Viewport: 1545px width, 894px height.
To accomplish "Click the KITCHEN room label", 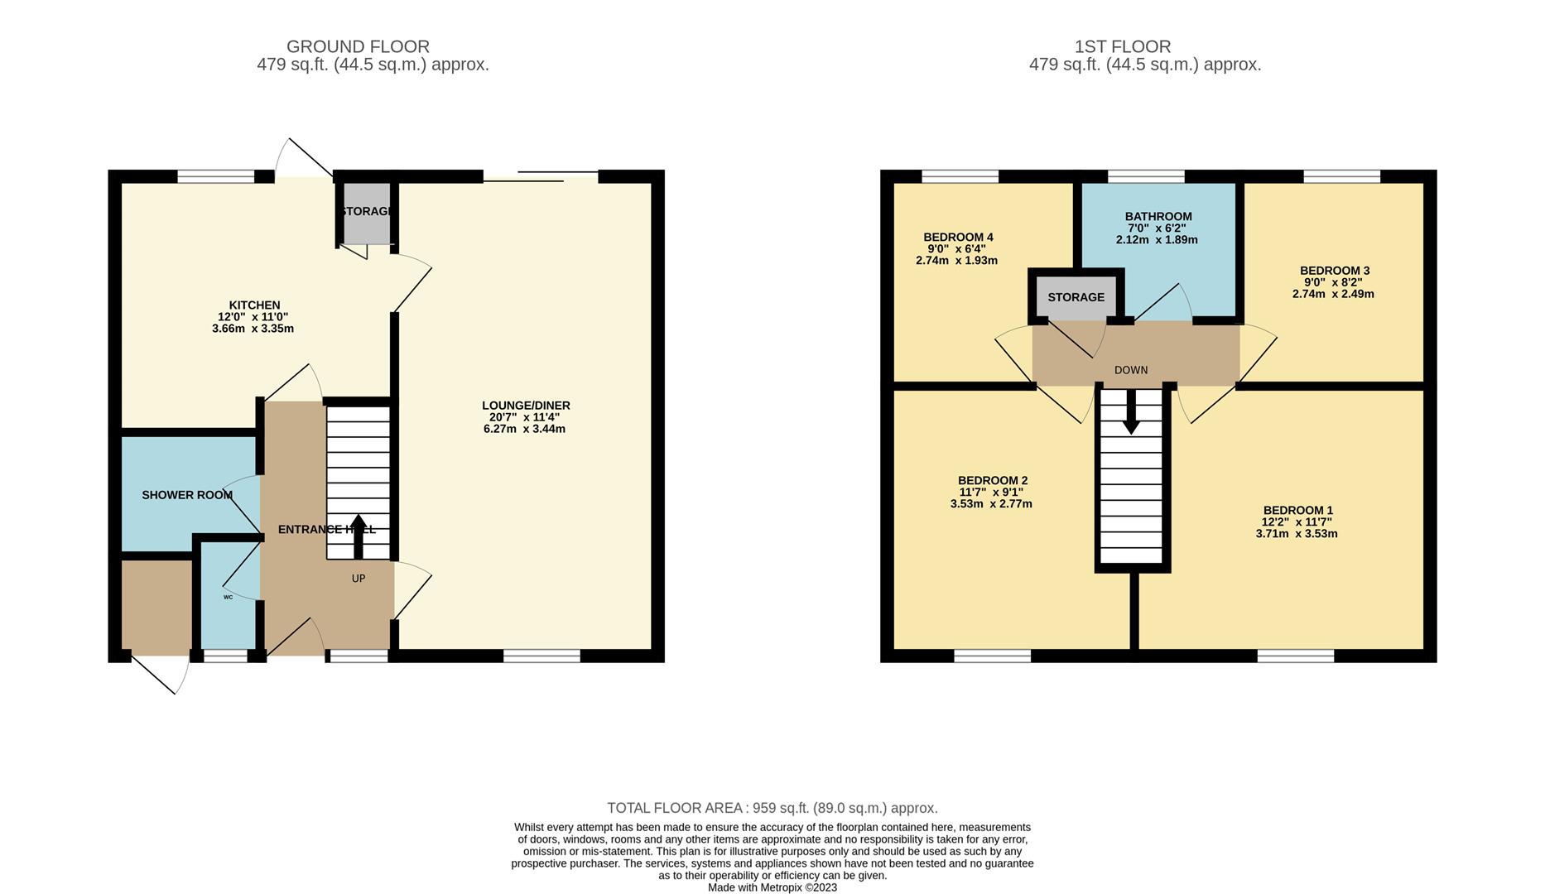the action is (x=254, y=305).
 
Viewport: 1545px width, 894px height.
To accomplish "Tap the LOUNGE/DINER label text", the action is (x=526, y=406).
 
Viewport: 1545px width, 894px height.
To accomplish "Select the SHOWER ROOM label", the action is (x=187, y=495).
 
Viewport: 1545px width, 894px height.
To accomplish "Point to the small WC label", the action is (x=228, y=597).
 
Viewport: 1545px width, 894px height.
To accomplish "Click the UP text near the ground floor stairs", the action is (x=359, y=579).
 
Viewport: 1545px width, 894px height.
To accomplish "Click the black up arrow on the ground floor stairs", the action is (x=359, y=536).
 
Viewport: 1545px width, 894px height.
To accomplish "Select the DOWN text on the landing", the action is (x=1131, y=370).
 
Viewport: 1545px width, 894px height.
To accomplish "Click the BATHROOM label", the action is (x=1158, y=217).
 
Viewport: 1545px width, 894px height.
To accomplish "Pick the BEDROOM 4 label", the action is (x=958, y=238).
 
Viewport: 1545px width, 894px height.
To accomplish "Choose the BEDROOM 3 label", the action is (x=1335, y=271).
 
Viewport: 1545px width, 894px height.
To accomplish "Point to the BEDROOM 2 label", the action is (x=993, y=481).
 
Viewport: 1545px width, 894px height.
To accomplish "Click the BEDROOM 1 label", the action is (x=1298, y=511).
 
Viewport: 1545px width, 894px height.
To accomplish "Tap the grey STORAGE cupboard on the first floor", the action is (x=1076, y=297).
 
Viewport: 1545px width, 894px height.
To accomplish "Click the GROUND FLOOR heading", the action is (x=358, y=47).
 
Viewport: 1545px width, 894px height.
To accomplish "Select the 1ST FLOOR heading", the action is (x=1123, y=47).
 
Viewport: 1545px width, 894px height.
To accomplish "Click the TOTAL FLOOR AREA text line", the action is (x=772, y=808).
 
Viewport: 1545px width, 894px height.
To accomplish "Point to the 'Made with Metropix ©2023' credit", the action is (x=772, y=887).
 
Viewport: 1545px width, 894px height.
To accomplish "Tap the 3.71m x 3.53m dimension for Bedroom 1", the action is (x=1297, y=534).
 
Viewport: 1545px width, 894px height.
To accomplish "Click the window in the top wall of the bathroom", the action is (x=1146, y=176).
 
